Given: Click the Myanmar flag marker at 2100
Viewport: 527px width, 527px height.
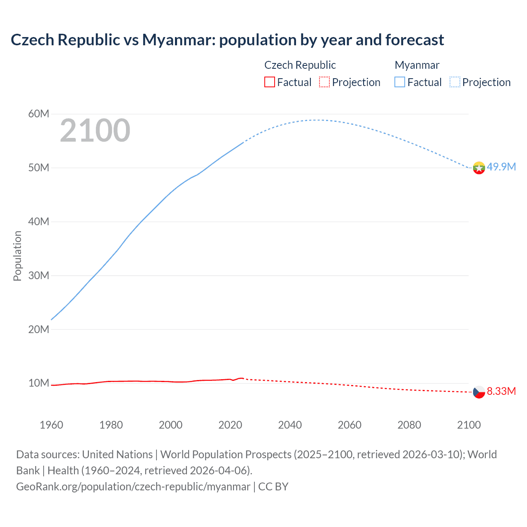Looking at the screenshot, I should (479, 168).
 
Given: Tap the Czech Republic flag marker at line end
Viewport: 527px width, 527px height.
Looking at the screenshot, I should (479, 392).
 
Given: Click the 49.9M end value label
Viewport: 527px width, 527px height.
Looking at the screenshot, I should (501, 167).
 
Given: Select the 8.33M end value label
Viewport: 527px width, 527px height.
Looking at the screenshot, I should (501, 391).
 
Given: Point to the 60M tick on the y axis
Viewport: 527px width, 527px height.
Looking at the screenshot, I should (39, 114).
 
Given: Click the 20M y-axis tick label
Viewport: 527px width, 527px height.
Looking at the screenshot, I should (39, 329).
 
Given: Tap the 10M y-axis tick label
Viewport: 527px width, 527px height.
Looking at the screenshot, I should (39, 383).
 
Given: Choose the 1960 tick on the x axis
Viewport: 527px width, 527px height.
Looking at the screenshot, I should (51, 425).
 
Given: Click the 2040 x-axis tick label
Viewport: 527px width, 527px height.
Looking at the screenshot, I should (290, 425).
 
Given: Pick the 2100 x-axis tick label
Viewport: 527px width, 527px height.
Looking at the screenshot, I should (469, 425).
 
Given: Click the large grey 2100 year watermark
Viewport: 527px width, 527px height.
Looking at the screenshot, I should (95, 131).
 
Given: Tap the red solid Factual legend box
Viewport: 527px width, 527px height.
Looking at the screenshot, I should (270, 82).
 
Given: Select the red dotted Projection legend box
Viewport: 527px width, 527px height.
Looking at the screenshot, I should (324, 82).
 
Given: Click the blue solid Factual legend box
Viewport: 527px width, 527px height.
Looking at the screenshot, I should (400, 82).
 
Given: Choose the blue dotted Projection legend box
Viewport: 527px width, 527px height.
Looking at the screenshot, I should (455, 82).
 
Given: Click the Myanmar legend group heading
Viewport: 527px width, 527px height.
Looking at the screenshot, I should (417, 65).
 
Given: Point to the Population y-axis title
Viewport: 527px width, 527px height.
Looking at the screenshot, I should (17, 256).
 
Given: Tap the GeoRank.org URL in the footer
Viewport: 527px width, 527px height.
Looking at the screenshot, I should (133, 487).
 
